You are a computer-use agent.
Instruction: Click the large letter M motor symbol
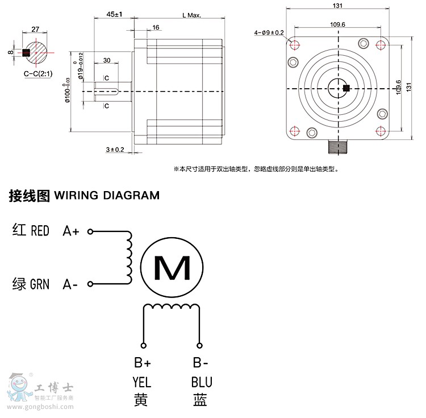tap(172, 267)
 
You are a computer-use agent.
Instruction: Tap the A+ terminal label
tap(71, 231)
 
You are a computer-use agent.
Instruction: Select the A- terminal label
tap(70, 284)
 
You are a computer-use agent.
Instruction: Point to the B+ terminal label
tap(142, 363)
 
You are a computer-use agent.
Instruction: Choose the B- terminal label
tap(201, 363)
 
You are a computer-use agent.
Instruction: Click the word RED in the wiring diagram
tap(40, 231)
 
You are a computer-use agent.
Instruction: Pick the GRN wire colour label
tap(40, 284)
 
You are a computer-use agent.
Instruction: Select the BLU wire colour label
tap(201, 382)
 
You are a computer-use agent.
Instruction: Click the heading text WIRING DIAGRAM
tap(107, 196)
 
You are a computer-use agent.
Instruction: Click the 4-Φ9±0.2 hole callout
tap(269, 32)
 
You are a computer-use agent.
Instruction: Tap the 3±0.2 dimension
tap(114, 149)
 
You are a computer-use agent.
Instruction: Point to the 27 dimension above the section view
tap(35, 28)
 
